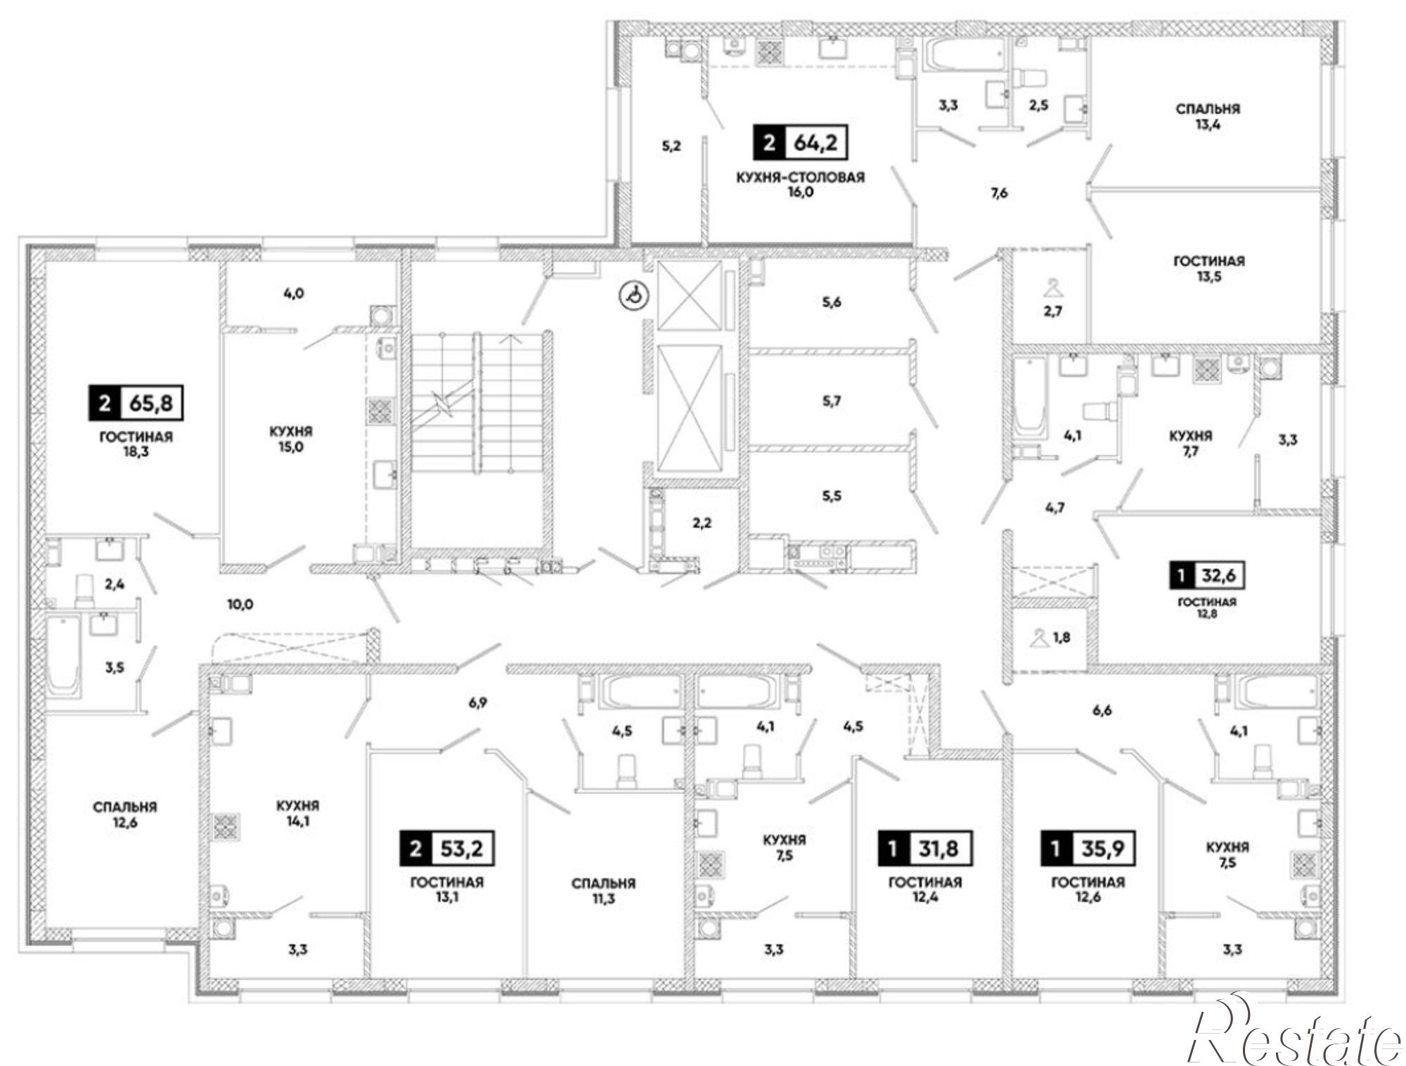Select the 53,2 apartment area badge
[447, 848]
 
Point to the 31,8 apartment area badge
[925, 848]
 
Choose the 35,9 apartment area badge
[1088, 848]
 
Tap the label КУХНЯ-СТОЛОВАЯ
[800, 177]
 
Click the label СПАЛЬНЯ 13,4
[1208, 117]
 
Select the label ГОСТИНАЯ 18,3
[136, 444]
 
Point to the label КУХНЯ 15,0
[290, 439]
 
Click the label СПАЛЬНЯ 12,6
[124, 814]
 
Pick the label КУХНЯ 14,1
[298, 813]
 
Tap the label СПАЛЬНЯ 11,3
[603, 890]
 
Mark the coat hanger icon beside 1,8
[1038, 638]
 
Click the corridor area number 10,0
[240, 604]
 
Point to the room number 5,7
[832, 402]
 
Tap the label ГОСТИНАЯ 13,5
[1208, 269]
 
